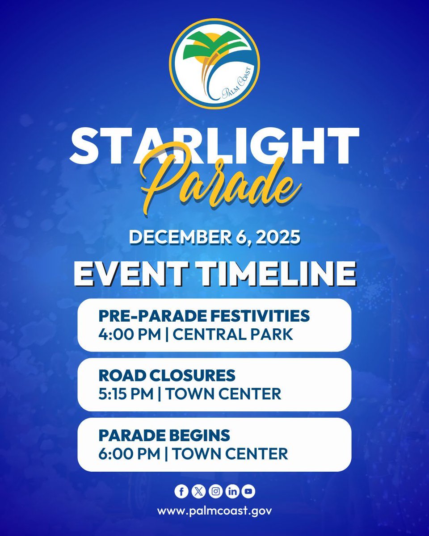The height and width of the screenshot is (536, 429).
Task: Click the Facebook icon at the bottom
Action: click(x=181, y=492)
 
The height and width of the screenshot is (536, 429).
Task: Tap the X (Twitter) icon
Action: click(x=198, y=492)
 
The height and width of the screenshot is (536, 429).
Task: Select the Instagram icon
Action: click(x=216, y=492)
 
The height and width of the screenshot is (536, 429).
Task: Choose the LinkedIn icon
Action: click(x=232, y=492)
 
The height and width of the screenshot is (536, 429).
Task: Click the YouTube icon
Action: click(x=248, y=492)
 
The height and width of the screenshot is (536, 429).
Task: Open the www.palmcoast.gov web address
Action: click(x=214, y=511)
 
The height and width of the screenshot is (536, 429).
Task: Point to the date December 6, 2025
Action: click(x=214, y=236)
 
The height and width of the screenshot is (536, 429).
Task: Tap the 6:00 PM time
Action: click(x=129, y=454)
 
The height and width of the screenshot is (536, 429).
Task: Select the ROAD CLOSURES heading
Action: click(x=167, y=376)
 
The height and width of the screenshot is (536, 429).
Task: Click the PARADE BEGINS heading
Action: click(x=164, y=435)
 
